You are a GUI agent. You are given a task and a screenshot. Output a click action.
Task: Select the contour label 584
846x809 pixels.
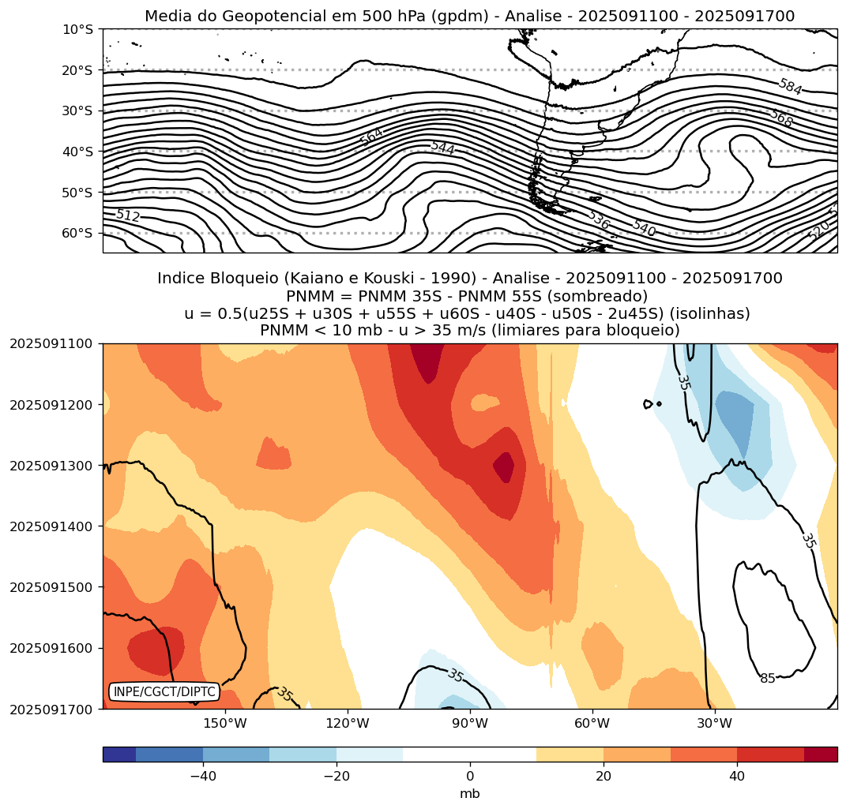(x=790, y=87)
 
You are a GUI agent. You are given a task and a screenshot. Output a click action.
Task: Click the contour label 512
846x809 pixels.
(x=127, y=215)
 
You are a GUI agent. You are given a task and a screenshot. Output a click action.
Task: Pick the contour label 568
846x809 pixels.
(x=781, y=118)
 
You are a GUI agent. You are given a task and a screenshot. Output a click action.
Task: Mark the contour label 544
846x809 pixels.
(x=442, y=148)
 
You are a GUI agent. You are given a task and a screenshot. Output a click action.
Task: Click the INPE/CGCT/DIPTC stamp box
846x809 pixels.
(x=164, y=691)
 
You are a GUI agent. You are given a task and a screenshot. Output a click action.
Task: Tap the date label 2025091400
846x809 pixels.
(x=51, y=526)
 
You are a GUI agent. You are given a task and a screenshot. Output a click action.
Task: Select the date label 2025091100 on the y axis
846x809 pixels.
(x=51, y=343)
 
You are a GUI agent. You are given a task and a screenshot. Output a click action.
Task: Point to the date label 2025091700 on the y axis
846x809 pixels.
(x=51, y=709)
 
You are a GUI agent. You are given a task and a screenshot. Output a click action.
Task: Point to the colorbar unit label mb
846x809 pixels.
(x=470, y=793)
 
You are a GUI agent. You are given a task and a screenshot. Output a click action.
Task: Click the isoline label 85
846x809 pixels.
(x=768, y=678)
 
